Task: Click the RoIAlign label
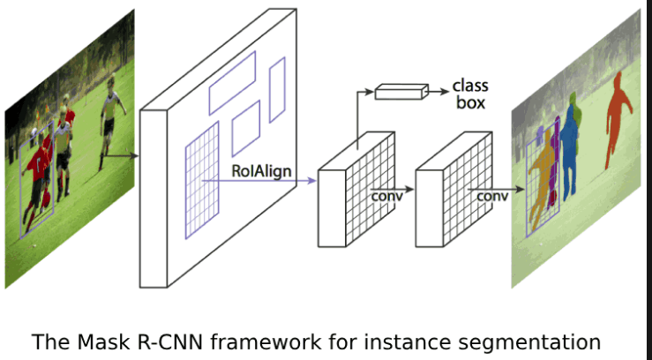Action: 262,169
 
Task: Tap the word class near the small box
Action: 470,86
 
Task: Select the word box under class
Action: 470,103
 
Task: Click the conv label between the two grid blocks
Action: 386,196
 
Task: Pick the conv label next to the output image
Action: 491,196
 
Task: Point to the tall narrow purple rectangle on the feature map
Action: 277,89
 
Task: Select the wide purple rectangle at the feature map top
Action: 232,82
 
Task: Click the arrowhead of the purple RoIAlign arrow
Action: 311,182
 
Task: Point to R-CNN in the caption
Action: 179,341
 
